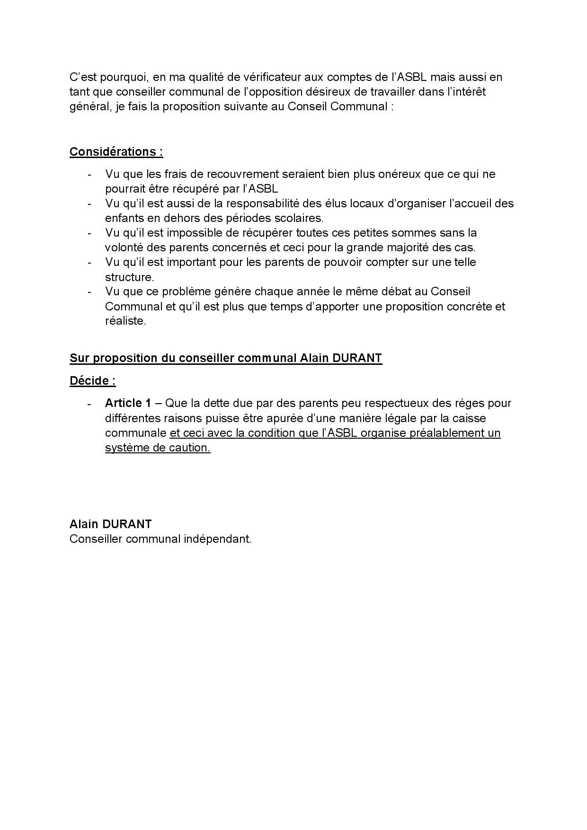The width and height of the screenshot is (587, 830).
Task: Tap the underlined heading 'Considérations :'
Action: tap(116, 151)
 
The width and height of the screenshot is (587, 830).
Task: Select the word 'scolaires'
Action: tap(298, 218)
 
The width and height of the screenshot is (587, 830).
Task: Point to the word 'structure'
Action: tap(128, 277)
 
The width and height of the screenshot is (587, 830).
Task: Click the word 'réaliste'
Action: tap(125, 321)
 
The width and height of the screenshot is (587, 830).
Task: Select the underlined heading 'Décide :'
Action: tap(92, 380)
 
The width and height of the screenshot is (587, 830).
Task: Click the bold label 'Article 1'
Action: tap(128, 403)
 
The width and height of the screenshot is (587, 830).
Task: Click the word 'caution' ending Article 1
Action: tap(189, 448)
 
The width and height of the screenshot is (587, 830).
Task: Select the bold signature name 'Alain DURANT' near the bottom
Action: tap(110, 524)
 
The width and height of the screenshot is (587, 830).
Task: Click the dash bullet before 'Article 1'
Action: tap(89, 404)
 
